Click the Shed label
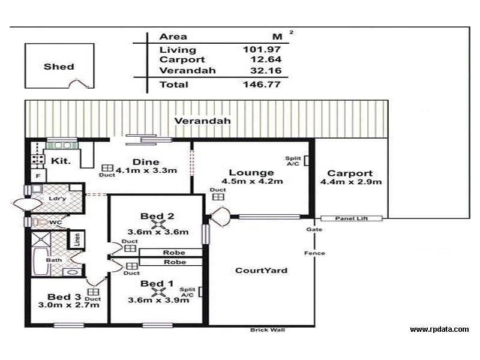point(59,67)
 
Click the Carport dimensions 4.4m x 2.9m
point(351,182)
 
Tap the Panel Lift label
point(351,219)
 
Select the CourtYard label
point(260,271)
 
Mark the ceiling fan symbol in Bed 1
point(158,292)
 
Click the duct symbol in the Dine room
point(107,168)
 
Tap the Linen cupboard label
point(77,239)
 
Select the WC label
point(56,223)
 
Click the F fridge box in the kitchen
point(38,176)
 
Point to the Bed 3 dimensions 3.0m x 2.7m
point(65,305)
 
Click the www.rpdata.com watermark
point(439,329)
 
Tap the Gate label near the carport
point(313,230)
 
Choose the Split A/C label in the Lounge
point(293,161)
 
